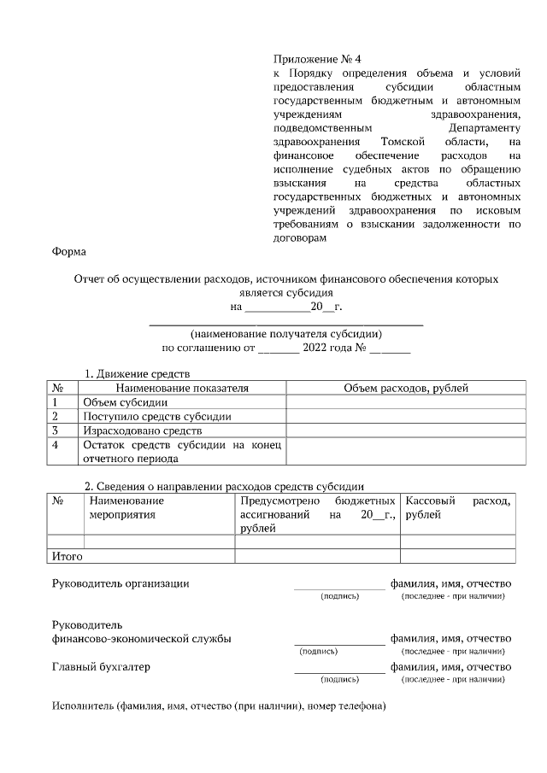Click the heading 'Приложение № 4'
[x=317, y=59]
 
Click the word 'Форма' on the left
[x=68, y=252]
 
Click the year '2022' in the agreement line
[x=317, y=348]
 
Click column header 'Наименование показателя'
[x=182, y=388]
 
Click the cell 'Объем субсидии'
[x=125, y=402]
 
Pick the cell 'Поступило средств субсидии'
[x=157, y=417]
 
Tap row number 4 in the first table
[x=56, y=445]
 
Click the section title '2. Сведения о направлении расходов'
[x=224, y=486]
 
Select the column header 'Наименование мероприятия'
[x=127, y=508]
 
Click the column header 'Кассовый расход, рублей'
[x=458, y=508]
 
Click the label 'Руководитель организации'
[x=121, y=583]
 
